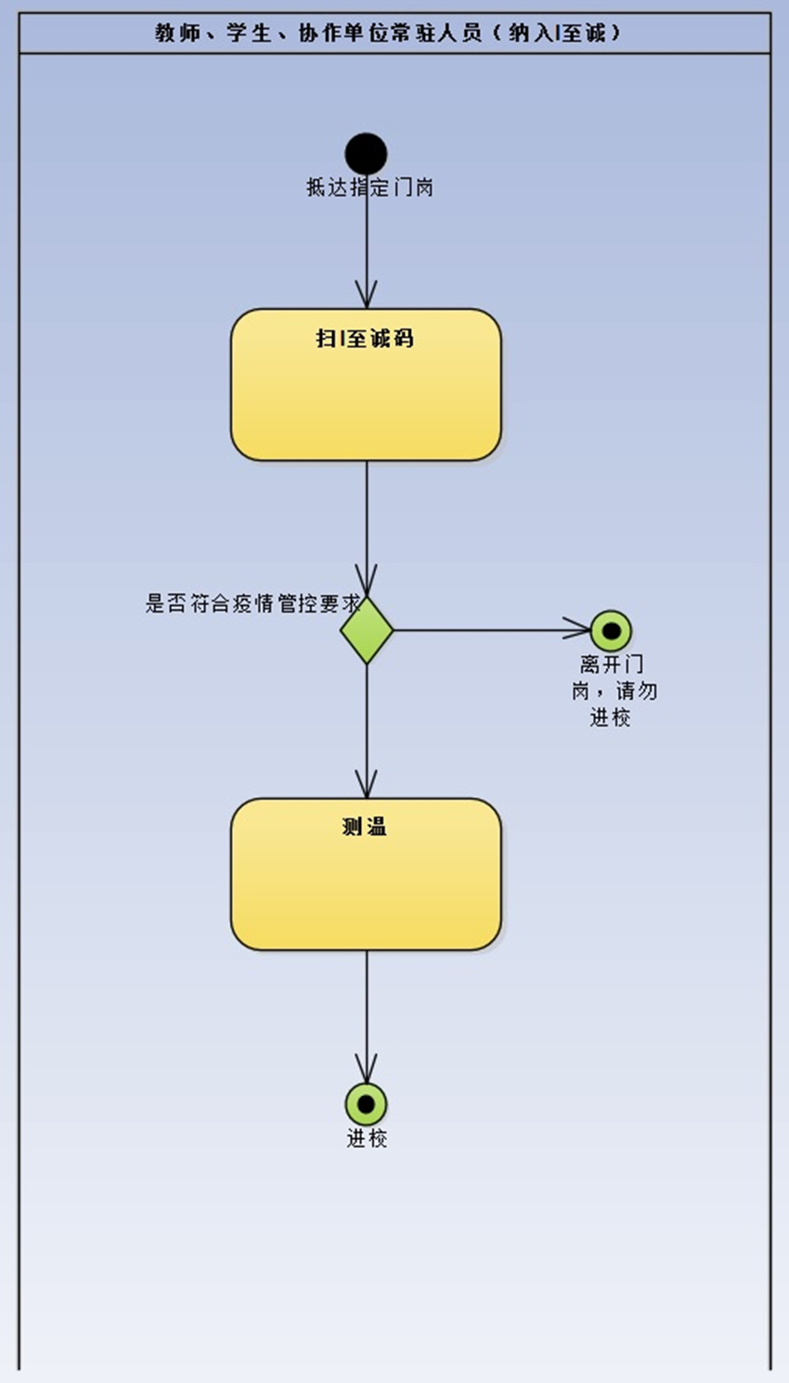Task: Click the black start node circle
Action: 366,154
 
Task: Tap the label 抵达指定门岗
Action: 370,187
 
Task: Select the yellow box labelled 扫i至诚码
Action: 366,399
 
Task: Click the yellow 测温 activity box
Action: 366,886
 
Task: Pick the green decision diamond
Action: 367,630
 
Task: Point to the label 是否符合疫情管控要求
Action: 252,603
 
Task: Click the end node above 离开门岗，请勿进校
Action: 611,631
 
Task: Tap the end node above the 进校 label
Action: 366,1104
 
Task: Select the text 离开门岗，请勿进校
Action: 613,691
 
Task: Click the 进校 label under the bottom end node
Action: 367,1139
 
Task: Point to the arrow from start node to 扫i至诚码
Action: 367,251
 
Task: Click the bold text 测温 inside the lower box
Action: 365,826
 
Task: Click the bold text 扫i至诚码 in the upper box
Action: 365,339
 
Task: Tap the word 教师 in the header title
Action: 177,33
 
